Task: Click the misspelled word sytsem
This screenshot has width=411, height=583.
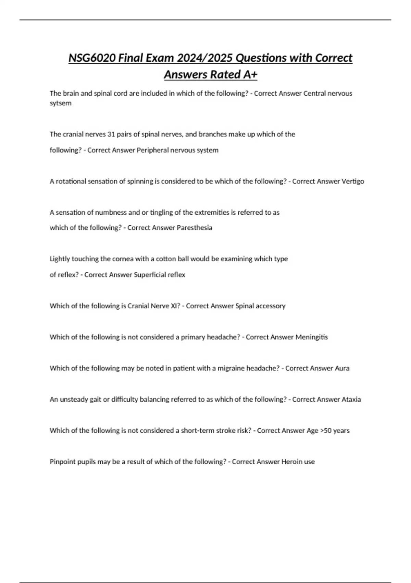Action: click(61, 103)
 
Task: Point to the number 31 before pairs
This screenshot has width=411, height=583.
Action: click(111, 134)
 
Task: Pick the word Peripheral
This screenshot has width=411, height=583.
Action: click(152, 150)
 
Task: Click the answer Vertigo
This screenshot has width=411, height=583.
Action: click(353, 181)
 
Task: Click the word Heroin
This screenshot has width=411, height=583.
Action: click(292, 462)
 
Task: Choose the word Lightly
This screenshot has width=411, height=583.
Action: click(60, 259)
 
